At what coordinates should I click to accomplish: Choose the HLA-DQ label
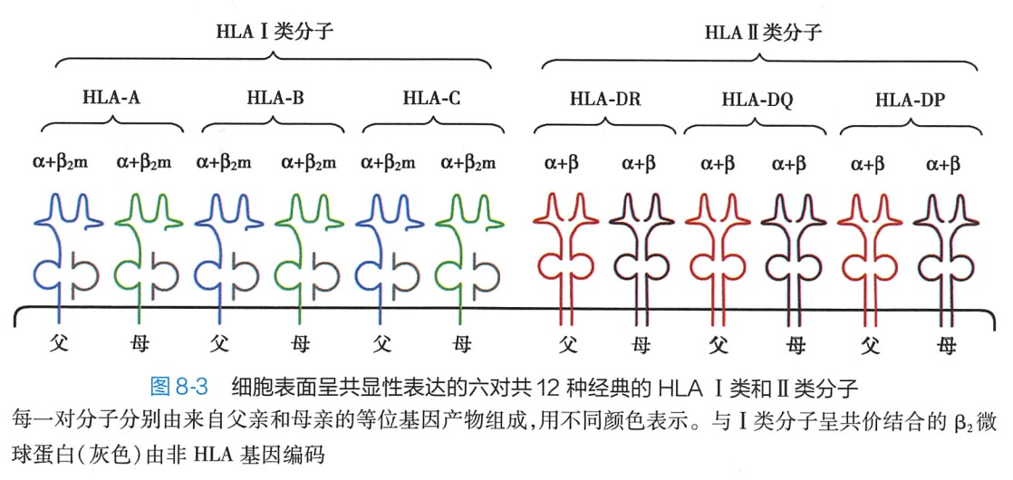click(757, 100)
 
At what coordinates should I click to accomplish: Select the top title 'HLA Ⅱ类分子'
click(763, 34)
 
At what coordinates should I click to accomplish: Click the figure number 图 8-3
click(178, 387)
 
